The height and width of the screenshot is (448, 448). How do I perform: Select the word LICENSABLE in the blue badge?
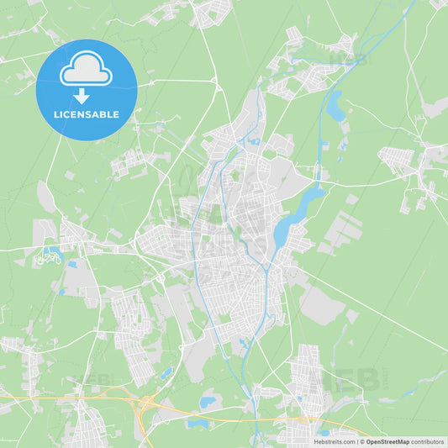pyautogui.click(x=87, y=114)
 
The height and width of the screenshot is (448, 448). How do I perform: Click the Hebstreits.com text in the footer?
pyautogui.click(x=335, y=441)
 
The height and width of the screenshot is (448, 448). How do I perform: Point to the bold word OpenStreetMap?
pyautogui.click(x=387, y=441)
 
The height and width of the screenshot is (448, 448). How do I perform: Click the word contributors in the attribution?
pyautogui.click(x=427, y=441)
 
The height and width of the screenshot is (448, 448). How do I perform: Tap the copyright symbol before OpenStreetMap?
pyautogui.click(x=361, y=441)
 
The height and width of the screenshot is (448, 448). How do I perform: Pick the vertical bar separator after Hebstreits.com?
pyautogui.click(x=356, y=441)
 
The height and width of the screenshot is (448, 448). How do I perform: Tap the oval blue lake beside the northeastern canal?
pyautogui.click(x=335, y=107)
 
